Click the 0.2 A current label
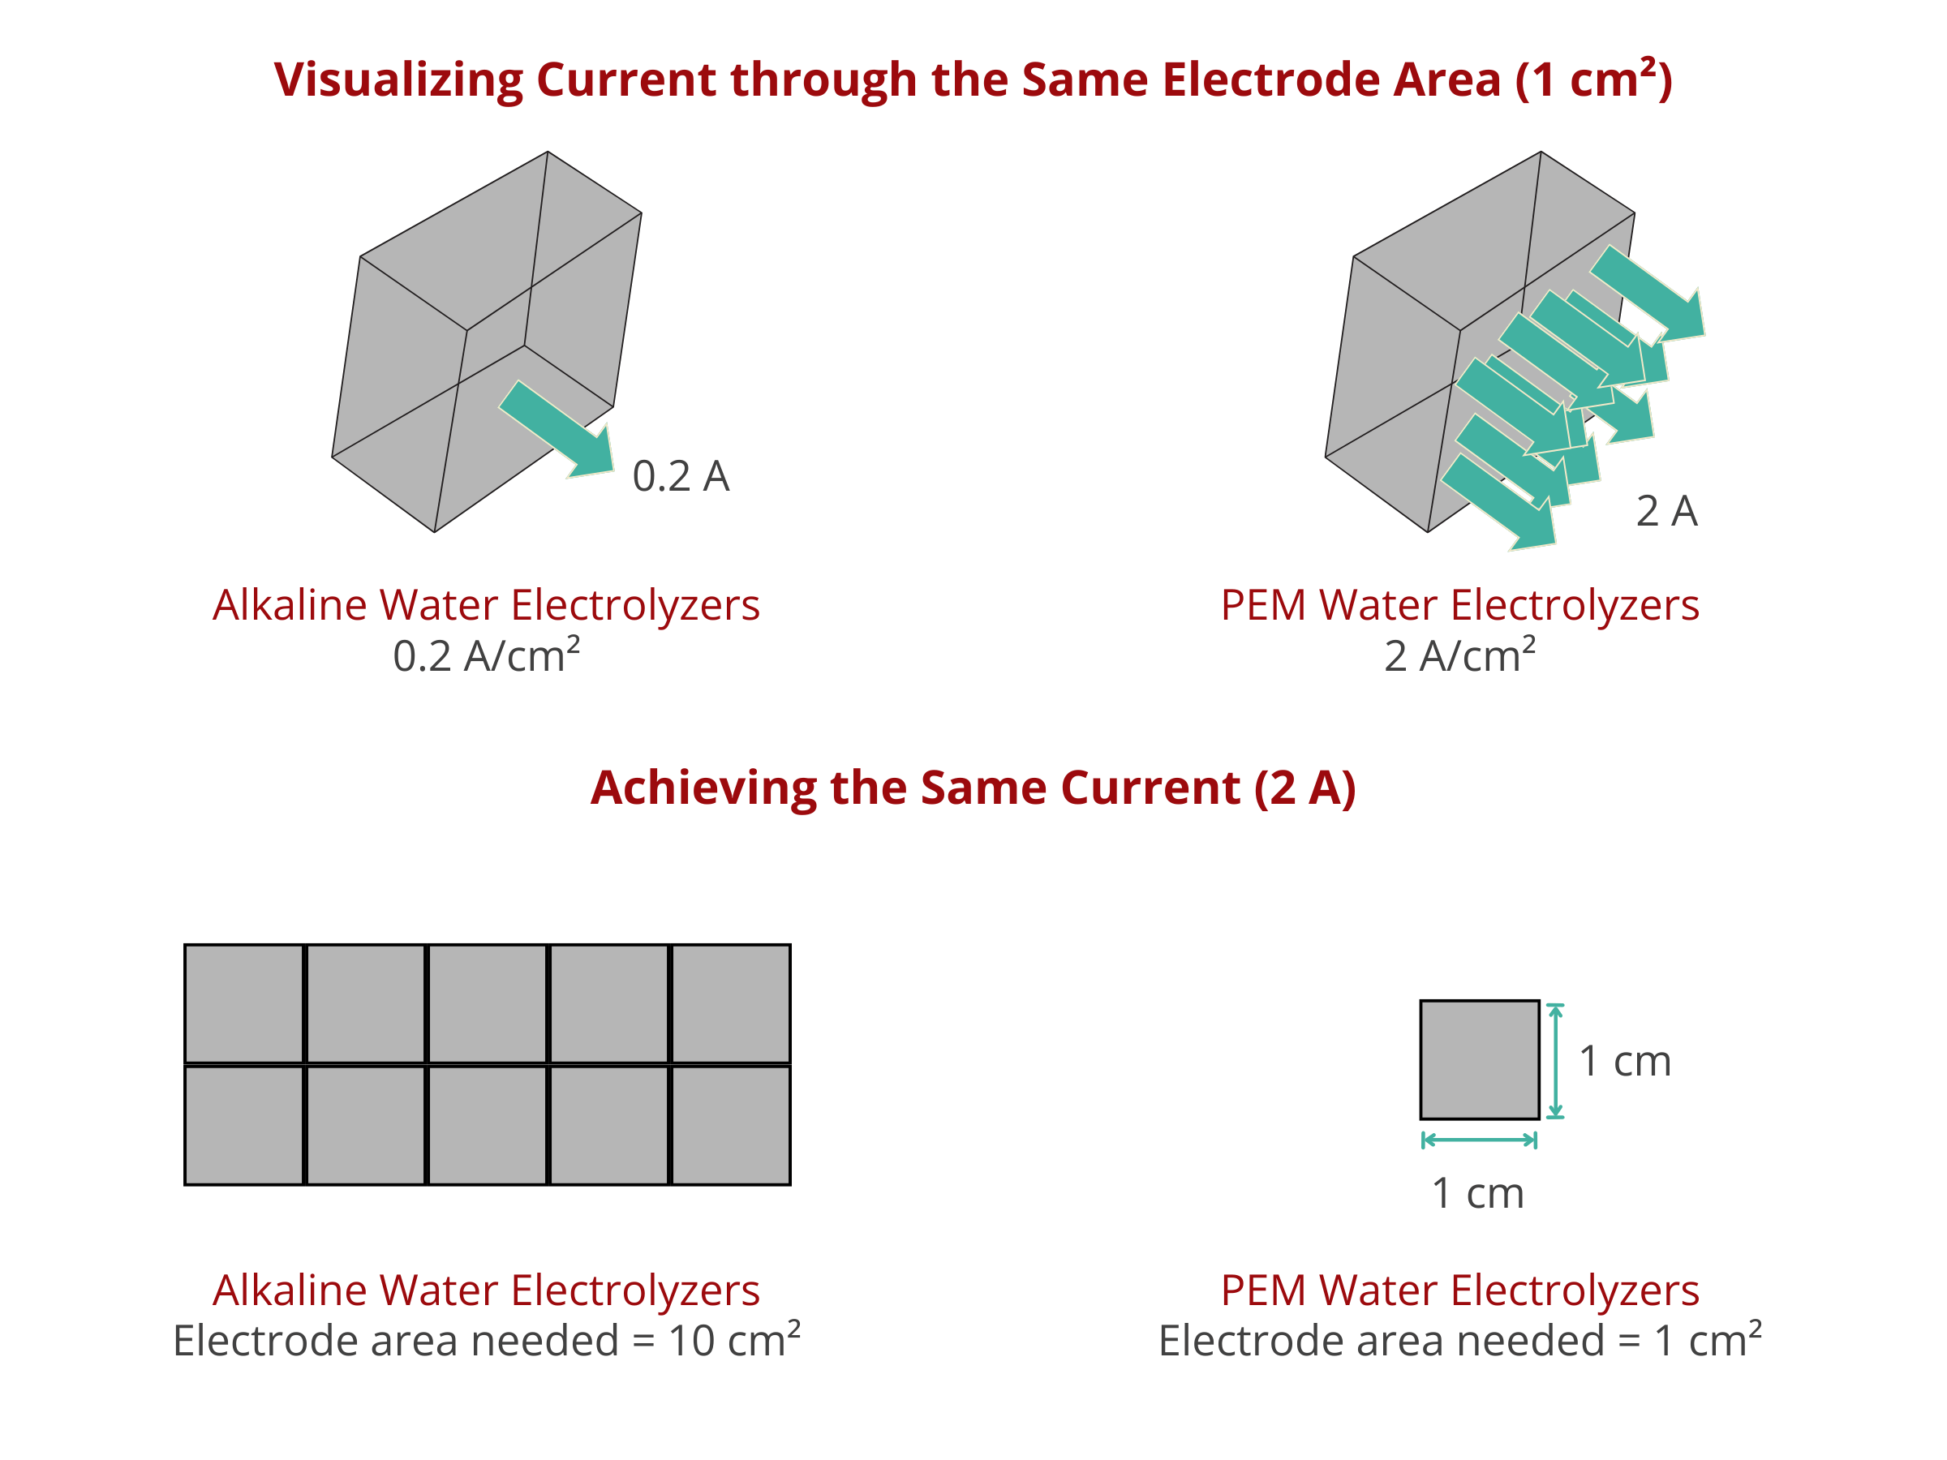point(681,476)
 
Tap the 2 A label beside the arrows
point(1666,510)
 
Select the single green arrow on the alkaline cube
point(557,429)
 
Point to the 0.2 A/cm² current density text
point(486,655)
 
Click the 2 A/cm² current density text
point(1459,655)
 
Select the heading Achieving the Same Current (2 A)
point(973,787)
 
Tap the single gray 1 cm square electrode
point(1479,1059)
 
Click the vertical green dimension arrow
point(1555,1060)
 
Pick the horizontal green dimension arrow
point(1479,1140)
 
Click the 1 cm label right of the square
point(1625,1060)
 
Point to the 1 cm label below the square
point(1478,1193)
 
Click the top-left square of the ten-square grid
point(244,1003)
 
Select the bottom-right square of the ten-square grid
point(731,1126)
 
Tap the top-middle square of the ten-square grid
point(487,1003)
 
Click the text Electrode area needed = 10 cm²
point(487,1339)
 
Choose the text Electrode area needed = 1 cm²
point(1459,1339)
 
